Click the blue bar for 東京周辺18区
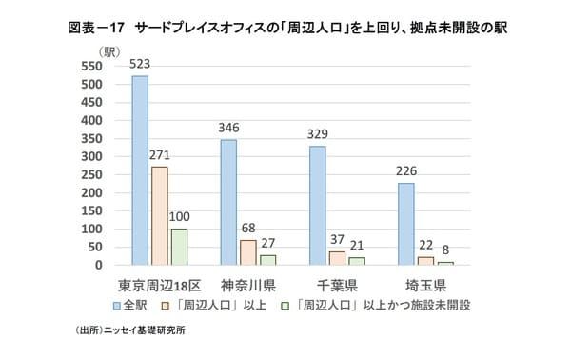tap(140, 170)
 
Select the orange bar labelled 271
tap(159, 215)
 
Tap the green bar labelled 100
tap(179, 246)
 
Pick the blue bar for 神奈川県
tap(228, 202)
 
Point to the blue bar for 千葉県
tap(317, 205)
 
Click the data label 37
tap(336, 241)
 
